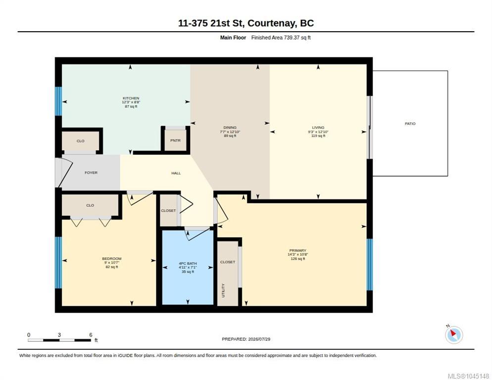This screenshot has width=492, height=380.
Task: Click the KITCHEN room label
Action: click(x=131, y=98)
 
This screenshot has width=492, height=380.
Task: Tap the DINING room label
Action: click(x=230, y=127)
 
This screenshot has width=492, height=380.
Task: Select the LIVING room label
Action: click(x=318, y=127)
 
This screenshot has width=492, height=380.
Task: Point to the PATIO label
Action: click(x=410, y=124)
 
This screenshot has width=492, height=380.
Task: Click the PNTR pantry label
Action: click(x=175, y=141)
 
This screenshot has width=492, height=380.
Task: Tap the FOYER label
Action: click(x=91, y=173)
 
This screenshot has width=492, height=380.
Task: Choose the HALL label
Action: click(x=176, y=173)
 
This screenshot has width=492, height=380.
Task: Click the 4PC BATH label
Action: click(x=188, y=264)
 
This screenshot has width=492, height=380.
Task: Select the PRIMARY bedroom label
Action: click(x=297, y=250)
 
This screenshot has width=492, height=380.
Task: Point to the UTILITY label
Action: click(x=223, y=290)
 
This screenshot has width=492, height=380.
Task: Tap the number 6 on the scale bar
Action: click(x=91, y=335)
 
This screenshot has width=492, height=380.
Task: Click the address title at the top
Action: click(x=246, y=23)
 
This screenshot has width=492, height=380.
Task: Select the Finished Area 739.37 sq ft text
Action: click(x=281, y=38)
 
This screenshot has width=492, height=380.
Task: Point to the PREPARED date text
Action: click(x=246, y=339)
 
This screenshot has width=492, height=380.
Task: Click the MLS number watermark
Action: click(x=468, y=376)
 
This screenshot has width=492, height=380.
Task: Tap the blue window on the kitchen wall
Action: click(x=58, y=101)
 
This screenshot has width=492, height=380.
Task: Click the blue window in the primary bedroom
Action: click(x=370, y=265)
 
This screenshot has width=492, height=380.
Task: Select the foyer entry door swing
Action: click(x=64, y=172)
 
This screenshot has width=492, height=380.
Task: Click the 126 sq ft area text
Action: click(x=297, y=259)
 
